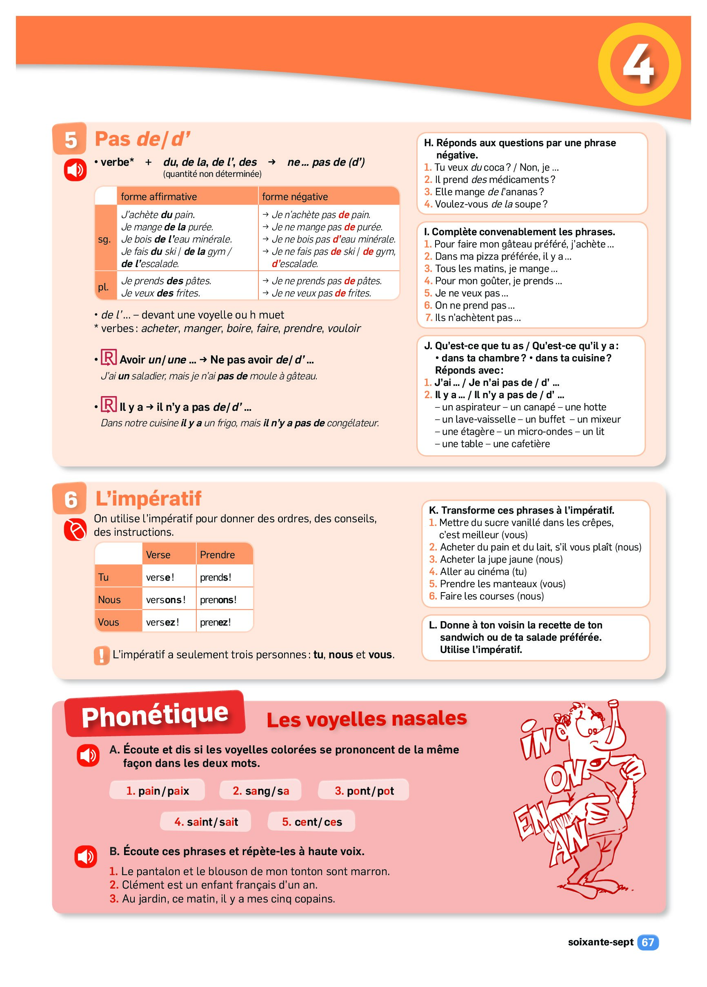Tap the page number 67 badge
pyautogui.click(x=647, y=942)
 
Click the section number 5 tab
pyautogui.click(x=70, y=139)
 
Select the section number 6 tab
pyautogui.click(x=70, y=499)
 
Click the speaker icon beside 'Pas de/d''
pyautogui.click(x=75, y=170)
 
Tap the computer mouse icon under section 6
pyautogui.click(x=75, y=530)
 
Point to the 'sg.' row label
pyautogui.click(x=104, y=239)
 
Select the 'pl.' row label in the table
pyautogui.click(x=104, y=287)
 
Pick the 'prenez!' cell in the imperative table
pyautogui.click(x=216, y=622)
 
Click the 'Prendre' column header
pyautogui.click(x=218, y=555)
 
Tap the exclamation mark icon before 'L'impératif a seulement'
pyautogui.click(x=101, y=655)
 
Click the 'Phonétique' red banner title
pyautogui.click(x=155, y=715)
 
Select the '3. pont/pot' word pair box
pyautogui.click(x=364, y=791)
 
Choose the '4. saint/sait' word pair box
pyautogui.click(x=206, y=822)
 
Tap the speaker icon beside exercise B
pyautogui.click(x=86, y=856)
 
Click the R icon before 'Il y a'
pyautogui.click(x=109, y=405)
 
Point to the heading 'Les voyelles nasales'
pyautogui.click(x=366, y=719)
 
